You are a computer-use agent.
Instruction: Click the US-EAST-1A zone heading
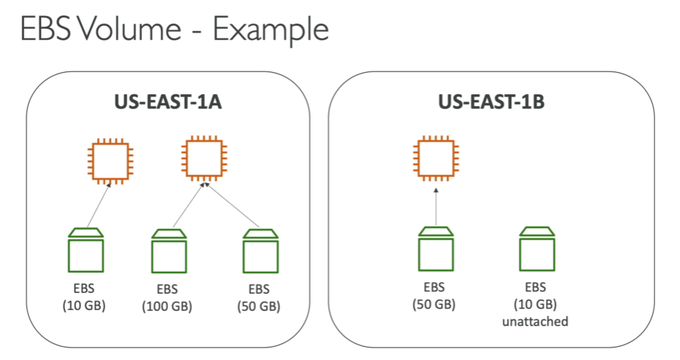coord(169,102)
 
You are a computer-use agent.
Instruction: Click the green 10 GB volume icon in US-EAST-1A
coord(85,250)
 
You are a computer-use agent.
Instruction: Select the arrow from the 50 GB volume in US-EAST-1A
coord(235,207)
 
